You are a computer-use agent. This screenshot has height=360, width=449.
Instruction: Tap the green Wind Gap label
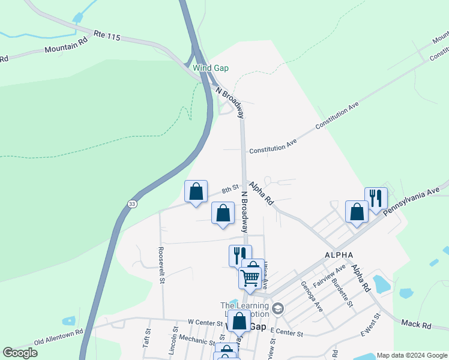(211, 68)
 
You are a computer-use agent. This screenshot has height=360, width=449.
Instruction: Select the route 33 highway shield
(131, 204)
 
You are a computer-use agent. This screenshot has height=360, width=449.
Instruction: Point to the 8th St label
(230, 190)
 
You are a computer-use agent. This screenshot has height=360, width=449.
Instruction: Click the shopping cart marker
(250, 276)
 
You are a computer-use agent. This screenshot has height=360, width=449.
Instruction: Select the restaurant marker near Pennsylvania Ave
(376, 198)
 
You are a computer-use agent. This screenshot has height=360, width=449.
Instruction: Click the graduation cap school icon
(277, 309)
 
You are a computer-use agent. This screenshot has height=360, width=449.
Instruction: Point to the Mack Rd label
(418, 325)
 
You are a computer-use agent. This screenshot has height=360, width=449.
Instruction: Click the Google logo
(20, 353)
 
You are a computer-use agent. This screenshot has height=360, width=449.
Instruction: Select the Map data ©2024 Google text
(412, 355)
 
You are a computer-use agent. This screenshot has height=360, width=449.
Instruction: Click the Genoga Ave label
(312, 296)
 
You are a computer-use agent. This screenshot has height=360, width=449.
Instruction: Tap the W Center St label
(205, 322)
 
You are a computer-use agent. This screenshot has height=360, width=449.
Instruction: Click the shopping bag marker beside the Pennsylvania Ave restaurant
(357, 212)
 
